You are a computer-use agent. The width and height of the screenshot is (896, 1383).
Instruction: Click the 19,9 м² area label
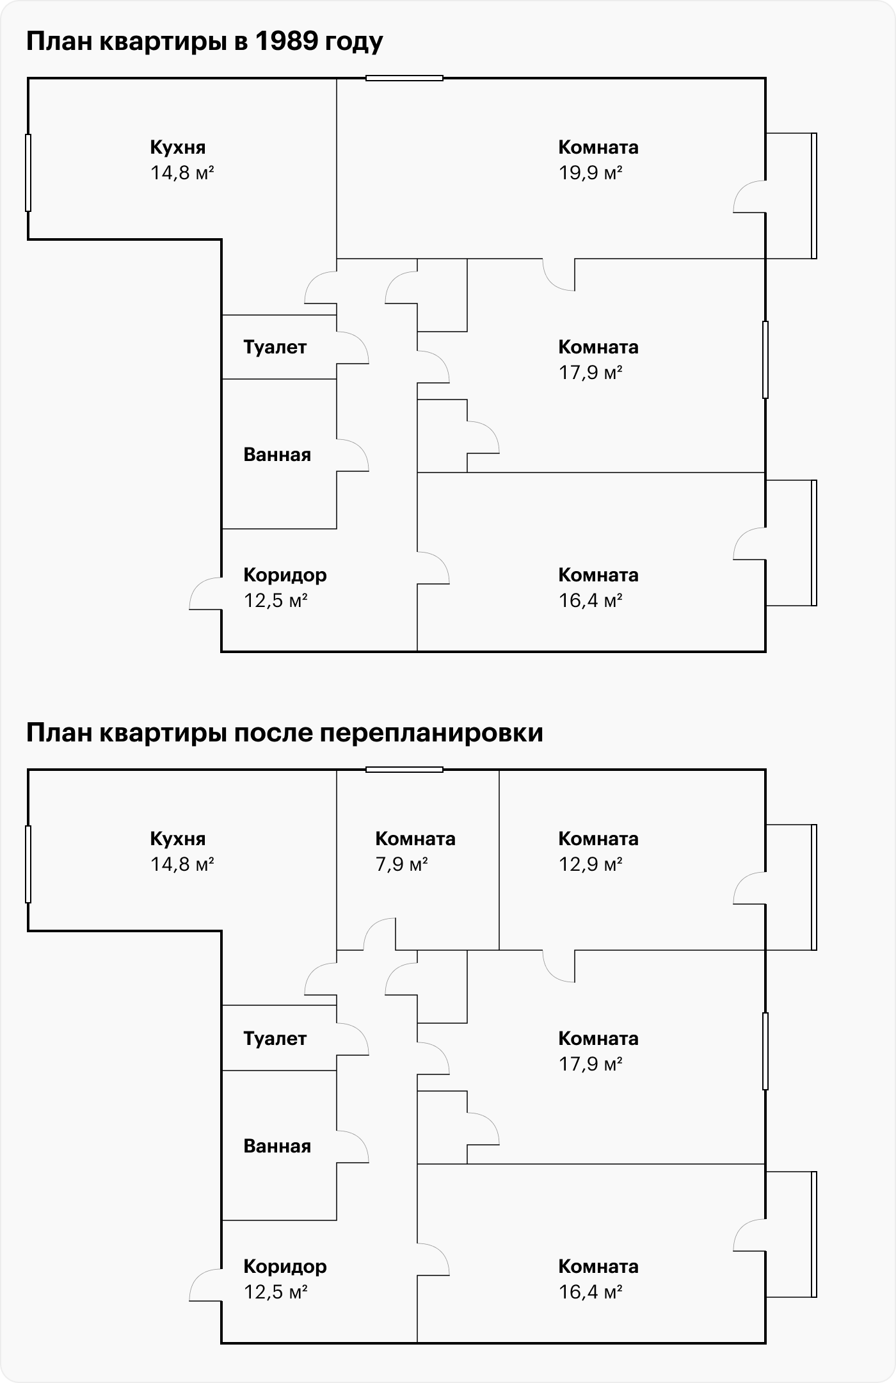pyautogui.click(x=591, y=173)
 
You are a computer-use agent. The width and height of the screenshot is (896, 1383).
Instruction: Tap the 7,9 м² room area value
pyautogui.click(x=402, y=864)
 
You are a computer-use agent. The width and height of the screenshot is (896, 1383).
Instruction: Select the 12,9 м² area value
pyautogui.click(x=591, y=864)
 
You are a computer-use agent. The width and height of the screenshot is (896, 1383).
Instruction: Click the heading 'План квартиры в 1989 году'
pyautogui.click(x=205, y=42)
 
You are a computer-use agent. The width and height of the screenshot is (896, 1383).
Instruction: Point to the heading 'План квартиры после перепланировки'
pyautogui.click(x=285, y=733)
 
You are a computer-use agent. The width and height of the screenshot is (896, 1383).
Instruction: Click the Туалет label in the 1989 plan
pyautogui.click(x=275, y=347)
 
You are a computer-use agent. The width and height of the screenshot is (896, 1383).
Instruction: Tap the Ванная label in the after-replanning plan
pyautogui.click(x=277, y=1146)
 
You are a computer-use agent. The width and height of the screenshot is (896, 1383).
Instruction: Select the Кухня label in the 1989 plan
pyautogui.click(x=178, y=147)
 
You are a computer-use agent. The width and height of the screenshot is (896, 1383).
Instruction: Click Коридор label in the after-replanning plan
pyautogui.click(x=285, y=1266)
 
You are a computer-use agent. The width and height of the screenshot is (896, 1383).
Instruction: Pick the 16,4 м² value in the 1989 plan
pyautogui.click(x=591, y=601)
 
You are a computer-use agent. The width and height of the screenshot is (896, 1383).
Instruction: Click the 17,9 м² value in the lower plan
pyautogui.click(x=591, y=1064)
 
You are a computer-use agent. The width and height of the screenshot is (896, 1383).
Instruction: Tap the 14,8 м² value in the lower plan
pyautogui.click(x=182, y=864)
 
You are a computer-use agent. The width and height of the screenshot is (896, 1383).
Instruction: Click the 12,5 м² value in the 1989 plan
pyautogui.click(x=276, y=601)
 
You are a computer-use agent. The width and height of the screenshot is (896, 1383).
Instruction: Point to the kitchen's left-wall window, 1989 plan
pyautogui.click(x=28, y=173)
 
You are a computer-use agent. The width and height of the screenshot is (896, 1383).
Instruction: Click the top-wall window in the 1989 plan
pyautogui.click(x=404, y=78)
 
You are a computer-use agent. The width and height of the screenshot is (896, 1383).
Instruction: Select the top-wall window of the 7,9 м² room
pyautogui.click(x=404, y=770)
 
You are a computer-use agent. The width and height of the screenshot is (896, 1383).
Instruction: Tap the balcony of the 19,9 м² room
pyautogui.click(x=791, y=196)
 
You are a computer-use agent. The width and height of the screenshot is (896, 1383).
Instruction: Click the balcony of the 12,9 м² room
pyautogui.click(x=791, y=887)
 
